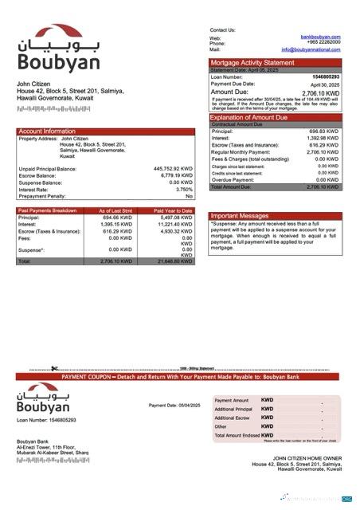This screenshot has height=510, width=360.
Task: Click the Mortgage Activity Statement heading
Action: coord(252,62)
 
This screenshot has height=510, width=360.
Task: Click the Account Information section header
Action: coord(47,131)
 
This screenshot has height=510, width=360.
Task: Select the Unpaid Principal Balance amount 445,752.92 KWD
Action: coord(173,169)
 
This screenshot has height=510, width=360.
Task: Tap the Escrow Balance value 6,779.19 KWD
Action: coord(176,175)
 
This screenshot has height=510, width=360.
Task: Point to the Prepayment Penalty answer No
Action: coord(190,195)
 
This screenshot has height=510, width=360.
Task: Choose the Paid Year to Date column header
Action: coord(174,210)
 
